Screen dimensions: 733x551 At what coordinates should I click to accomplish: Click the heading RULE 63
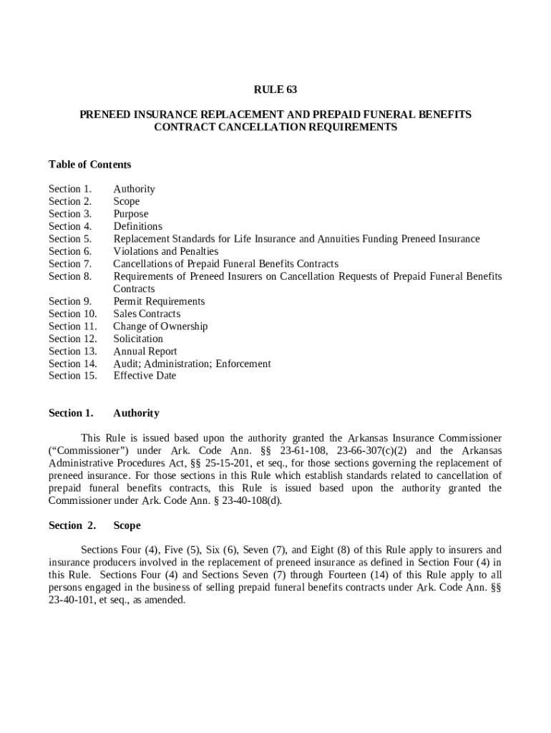(275, 89)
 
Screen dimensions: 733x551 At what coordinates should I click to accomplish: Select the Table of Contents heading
(89, 165)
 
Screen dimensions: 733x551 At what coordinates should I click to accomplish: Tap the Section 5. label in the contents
(70, 239)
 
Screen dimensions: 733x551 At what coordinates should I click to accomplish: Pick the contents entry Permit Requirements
(159, 301)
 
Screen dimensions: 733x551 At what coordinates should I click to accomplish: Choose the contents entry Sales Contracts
(147, 314)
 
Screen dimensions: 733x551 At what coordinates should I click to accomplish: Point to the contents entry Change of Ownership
(160, 326)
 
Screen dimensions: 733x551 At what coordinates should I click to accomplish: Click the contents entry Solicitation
(138, 339)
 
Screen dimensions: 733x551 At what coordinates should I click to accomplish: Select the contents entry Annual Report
(145, 351)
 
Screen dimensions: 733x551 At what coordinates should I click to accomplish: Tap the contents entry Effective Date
(145, 376)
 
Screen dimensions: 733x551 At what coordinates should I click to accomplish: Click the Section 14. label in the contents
(73, 364)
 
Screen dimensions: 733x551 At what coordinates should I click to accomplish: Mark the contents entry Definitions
(137, 226)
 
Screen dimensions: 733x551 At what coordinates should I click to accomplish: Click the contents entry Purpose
(131, 214)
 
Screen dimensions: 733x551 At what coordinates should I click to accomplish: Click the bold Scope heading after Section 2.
(127, 525)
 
